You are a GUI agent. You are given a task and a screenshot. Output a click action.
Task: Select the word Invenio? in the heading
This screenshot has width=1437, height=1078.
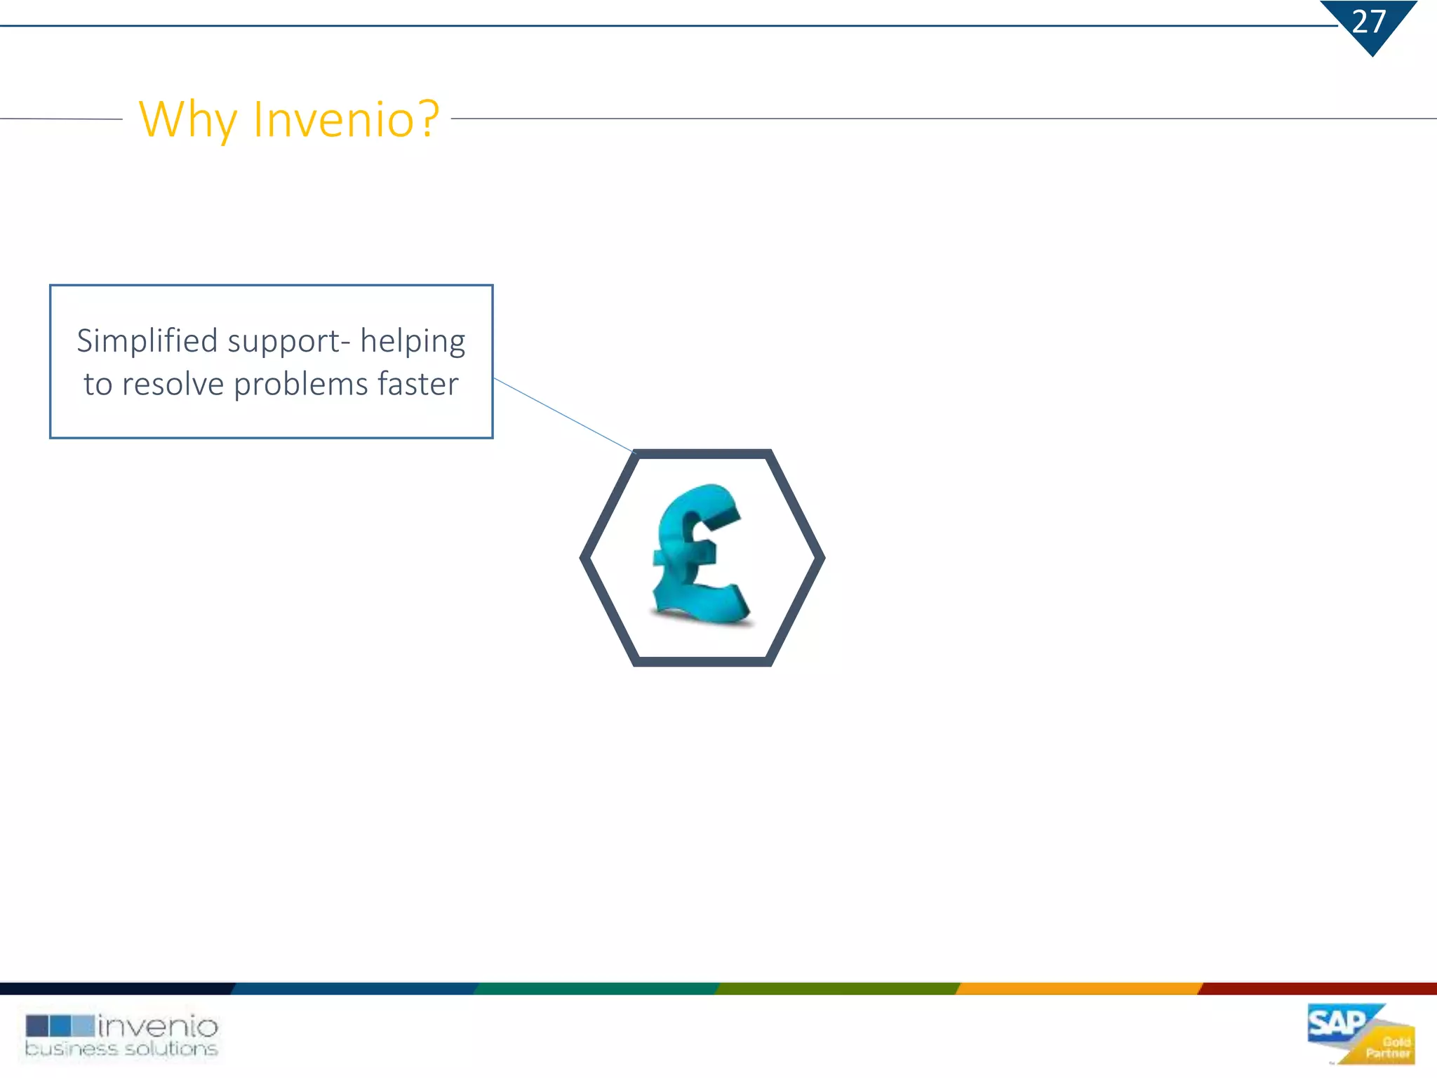[346, 119]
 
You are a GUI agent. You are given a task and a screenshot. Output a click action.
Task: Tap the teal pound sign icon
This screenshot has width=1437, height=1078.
[699, 554]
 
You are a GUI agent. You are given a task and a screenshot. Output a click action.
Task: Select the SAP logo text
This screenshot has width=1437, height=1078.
[1337, 1024]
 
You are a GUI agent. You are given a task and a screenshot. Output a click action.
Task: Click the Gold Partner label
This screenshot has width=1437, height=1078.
[1389, 1047]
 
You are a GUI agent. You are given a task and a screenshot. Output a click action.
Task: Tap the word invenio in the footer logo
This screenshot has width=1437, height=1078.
[158, 1027]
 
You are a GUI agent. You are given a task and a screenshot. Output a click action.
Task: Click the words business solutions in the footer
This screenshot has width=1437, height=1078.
[121, 1049]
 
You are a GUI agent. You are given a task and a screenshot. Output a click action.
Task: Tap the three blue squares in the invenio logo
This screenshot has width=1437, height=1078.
[60, 1026]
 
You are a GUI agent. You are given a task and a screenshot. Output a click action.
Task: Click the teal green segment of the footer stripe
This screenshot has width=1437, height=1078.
[596, 989]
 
